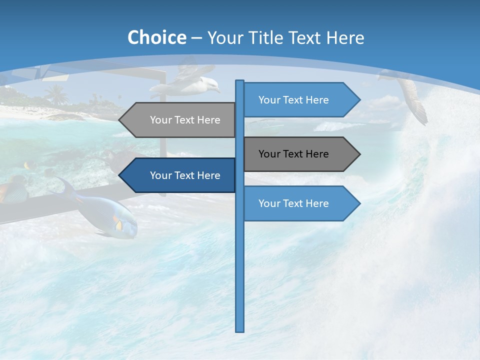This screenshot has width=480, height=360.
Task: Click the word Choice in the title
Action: coord(156,37)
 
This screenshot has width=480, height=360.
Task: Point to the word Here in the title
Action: coord(345,37)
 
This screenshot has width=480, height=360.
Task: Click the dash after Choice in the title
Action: coord(196,38)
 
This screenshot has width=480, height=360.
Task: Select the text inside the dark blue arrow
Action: coord(185,175)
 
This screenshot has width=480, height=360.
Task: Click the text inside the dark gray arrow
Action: coord(293,154)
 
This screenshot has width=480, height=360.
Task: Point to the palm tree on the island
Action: coord(56,93)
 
